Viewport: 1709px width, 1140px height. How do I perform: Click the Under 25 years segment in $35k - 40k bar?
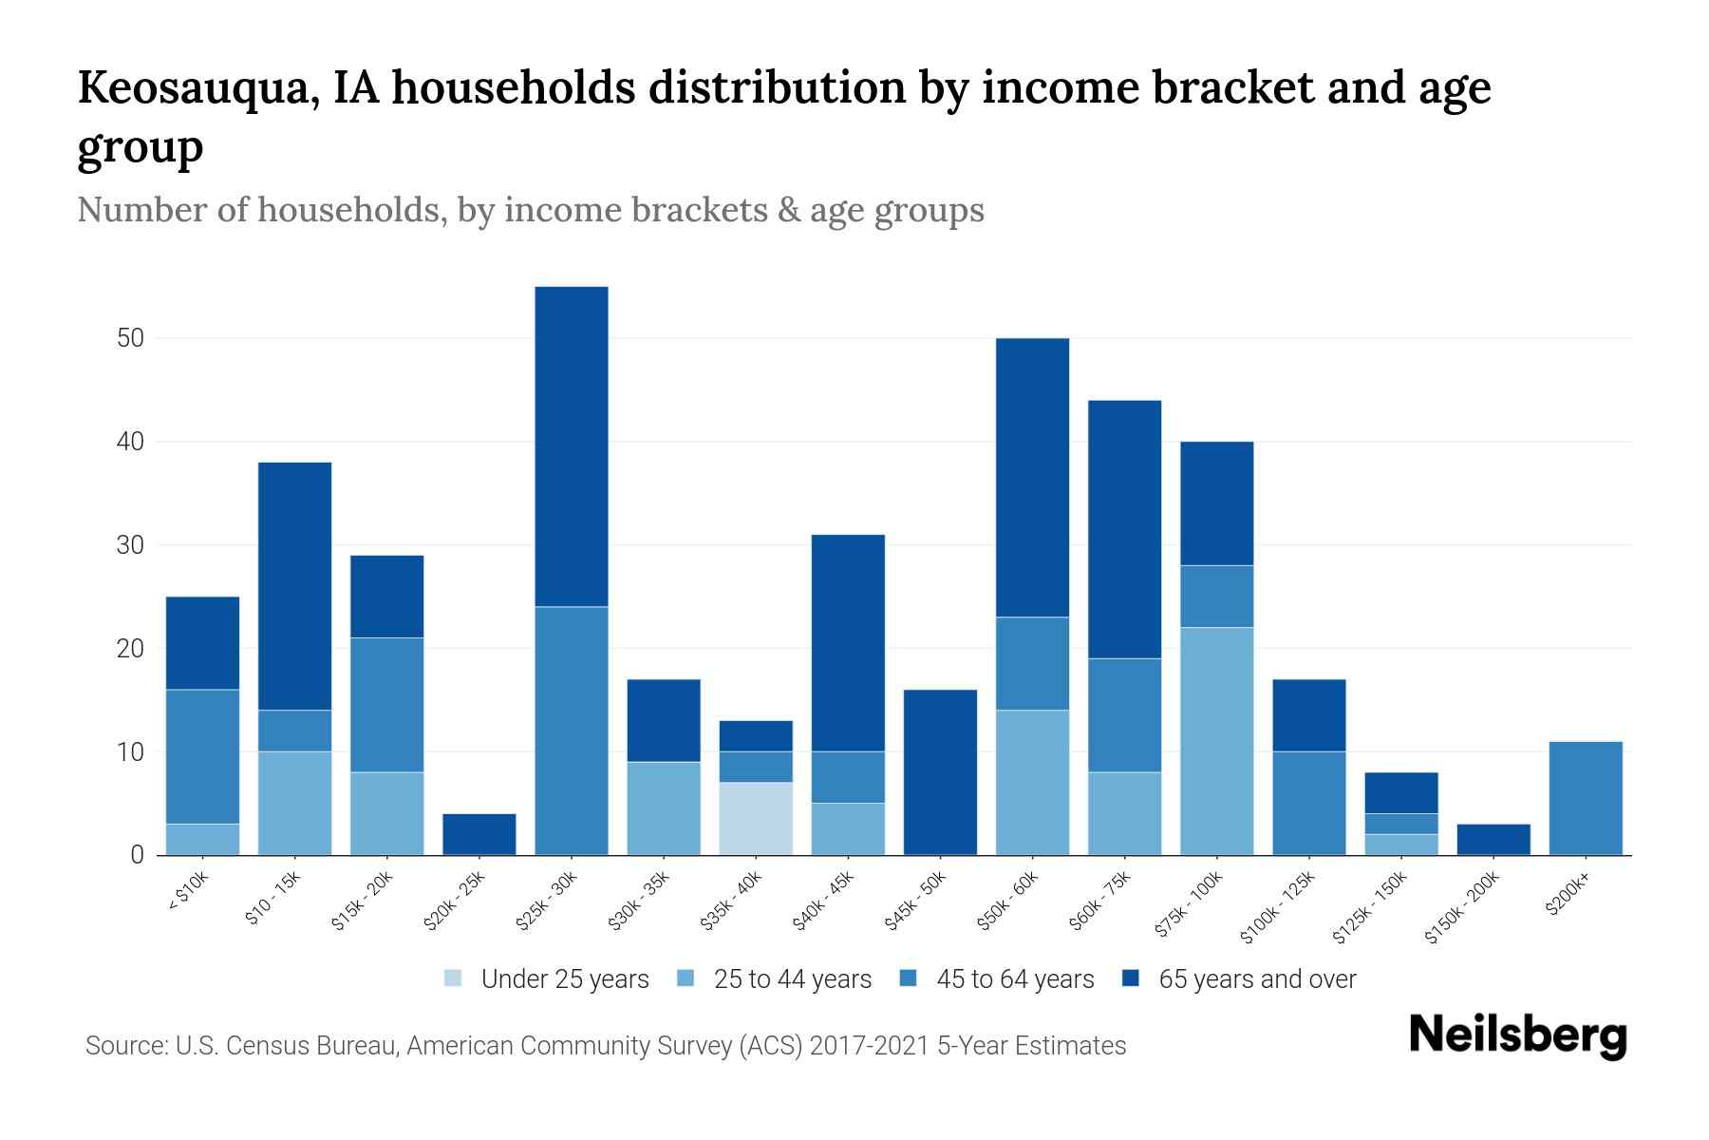pos(756,818)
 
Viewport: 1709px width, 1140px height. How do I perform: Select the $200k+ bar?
pos(1586,798)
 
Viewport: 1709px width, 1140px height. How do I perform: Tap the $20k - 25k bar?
pos(479,834)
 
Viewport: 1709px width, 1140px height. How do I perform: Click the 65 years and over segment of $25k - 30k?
pos(572,446)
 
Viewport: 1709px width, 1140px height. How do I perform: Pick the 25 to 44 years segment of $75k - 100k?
pos(1216,741)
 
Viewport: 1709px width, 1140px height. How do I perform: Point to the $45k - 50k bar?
pos(941,772)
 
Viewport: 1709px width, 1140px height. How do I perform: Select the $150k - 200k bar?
pos(1493,839)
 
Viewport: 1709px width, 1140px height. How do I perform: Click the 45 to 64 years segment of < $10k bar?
pos(202,756)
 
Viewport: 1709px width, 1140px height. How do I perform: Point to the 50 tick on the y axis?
pos(130,338)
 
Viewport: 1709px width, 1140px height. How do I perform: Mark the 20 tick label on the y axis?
pos(130,649)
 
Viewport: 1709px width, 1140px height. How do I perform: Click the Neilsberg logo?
pos(1517,1035)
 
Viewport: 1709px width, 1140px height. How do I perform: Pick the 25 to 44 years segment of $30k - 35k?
pos(664,808)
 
